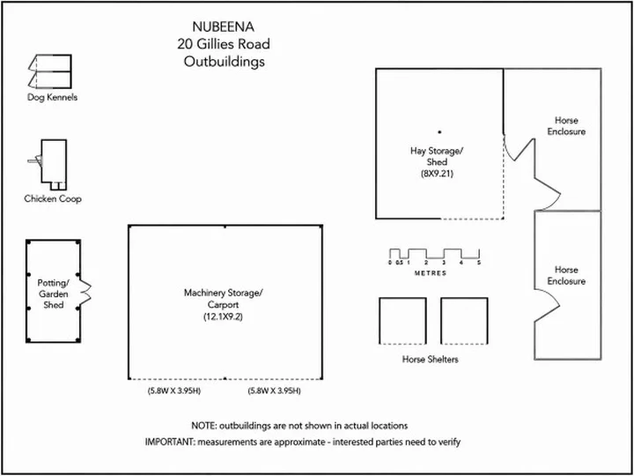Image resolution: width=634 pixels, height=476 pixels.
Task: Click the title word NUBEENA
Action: [224, 27]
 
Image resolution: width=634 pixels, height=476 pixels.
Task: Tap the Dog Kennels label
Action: [53, 97]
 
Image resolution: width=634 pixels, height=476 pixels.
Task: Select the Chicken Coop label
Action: [53, 198]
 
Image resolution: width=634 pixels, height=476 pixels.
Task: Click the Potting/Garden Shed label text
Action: [54, 294]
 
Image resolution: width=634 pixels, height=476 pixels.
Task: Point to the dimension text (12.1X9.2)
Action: [223, 317]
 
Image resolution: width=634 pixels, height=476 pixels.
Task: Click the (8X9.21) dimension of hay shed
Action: [436, 175]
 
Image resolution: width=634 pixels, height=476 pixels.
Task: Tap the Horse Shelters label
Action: [431, 359]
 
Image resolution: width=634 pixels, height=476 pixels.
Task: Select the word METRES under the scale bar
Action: [431, 273]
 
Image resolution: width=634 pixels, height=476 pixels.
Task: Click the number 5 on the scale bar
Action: [479, 263]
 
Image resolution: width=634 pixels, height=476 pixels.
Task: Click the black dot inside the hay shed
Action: [439, 132]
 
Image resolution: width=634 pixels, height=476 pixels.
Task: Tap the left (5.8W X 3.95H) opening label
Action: [174, 391]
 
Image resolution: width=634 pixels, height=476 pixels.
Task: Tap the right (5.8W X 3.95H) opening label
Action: [274, 391]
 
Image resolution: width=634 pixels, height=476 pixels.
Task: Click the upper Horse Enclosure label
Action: [566, 126]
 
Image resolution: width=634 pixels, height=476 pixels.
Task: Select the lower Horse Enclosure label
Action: [566, 275]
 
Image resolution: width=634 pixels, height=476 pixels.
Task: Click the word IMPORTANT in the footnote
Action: [169, 442]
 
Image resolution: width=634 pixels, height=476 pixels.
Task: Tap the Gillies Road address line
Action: [224, 44]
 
